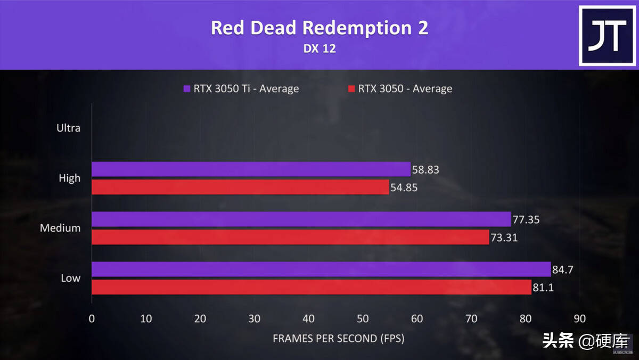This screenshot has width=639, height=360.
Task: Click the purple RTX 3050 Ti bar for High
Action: click(251, 169)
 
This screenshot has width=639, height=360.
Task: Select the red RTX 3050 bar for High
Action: click(240, 187)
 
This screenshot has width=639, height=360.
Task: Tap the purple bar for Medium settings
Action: click(301, 219)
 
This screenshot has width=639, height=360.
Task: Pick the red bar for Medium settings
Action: click(290, 237)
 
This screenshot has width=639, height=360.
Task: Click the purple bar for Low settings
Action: click(321, 269)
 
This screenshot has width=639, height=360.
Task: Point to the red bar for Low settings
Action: click(312, 287)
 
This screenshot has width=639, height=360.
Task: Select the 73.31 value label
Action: click(503, 238)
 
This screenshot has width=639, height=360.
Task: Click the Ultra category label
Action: click(69, 128)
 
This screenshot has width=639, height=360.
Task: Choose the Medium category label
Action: click(60, 228)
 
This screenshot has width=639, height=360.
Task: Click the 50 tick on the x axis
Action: click(363, 319)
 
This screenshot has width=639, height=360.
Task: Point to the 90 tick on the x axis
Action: click(579, 319)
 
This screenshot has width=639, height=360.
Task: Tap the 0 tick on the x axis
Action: click(92, 319)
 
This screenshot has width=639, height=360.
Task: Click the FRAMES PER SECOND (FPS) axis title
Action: click(338, 338)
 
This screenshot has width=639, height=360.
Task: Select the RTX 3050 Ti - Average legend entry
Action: click(241, 88)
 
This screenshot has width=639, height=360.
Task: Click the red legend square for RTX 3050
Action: click(351, 88)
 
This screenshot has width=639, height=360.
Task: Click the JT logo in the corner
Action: click(607, 36)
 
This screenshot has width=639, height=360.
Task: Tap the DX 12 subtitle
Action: click(319, 48)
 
